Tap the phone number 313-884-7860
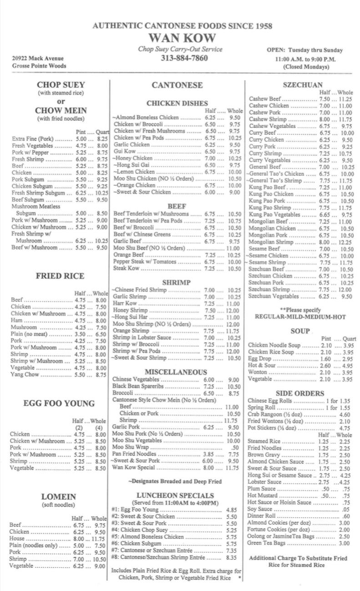(184, 58)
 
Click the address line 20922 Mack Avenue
(38, 58)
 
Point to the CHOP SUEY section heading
(61, 85)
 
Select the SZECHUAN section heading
(302, 85)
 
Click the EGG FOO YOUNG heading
(59, 403)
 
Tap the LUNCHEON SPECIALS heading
(175, 495)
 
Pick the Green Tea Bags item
(267, 543)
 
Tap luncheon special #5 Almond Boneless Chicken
(147, 537)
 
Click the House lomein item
(18, 539)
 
